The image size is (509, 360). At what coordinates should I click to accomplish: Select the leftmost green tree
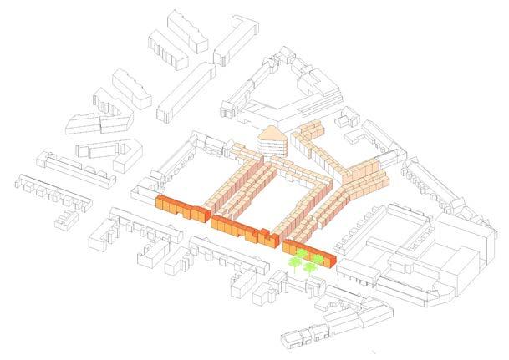click(x=295, y=264)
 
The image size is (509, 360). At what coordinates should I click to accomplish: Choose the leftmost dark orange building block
click(x=179, y=208)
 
